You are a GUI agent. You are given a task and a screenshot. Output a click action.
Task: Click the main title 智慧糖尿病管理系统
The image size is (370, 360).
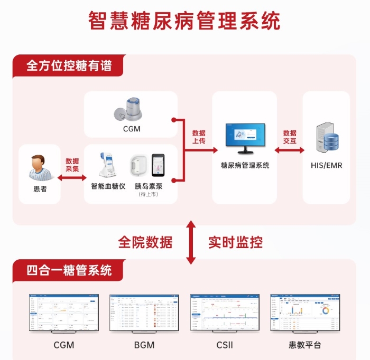click(x=184, y=21)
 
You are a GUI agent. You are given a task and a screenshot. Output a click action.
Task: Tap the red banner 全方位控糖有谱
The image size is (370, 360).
click(x=69, y=66)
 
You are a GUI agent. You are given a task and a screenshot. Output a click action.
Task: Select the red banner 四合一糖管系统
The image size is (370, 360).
click(x=69, y=271)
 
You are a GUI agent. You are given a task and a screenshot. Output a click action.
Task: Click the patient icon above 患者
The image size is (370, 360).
click(x=39, y=168)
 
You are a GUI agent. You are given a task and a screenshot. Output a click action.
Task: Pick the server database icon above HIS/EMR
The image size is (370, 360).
click(x=326, y=139)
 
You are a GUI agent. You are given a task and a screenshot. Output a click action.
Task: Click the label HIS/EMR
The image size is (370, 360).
click(x=326, y=165)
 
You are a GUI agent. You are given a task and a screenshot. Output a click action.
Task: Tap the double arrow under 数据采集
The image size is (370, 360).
click(x=71, y=178)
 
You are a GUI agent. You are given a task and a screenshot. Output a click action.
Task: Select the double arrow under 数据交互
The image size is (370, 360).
click(x=289, y=150)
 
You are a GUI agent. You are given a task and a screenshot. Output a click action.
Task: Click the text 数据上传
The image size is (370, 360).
click(x=199, y=137)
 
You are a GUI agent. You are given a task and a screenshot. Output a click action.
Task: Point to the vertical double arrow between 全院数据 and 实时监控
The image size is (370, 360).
click(x=191, y=242)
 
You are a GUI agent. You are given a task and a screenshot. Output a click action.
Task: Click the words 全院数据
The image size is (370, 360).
click(x=145, y=242)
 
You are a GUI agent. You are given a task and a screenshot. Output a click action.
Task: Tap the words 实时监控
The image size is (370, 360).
click(x=235, y=242)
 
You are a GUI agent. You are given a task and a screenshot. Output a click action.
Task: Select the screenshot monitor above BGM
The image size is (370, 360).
click(x=144, y=314)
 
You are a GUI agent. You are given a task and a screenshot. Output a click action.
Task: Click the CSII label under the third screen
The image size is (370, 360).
click(x=225, y=345)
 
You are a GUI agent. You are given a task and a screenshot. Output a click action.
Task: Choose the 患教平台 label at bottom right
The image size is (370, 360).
click(x=305, y=345)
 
